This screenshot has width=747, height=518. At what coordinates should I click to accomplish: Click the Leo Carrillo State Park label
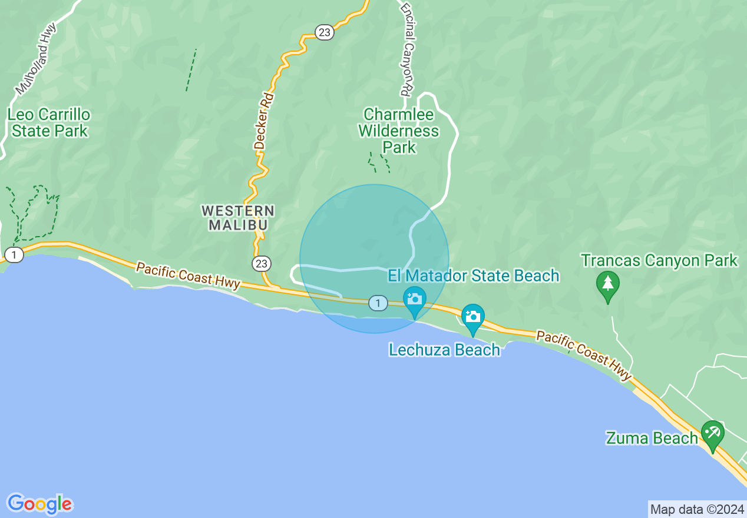click(x=49, y=122)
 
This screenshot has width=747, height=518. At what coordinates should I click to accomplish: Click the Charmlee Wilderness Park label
click(x=399, y=131)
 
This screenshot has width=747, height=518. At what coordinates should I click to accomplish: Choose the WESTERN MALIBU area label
click(x=238, y=217)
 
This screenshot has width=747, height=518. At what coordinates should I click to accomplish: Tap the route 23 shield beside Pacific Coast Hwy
click(x=262, y=264)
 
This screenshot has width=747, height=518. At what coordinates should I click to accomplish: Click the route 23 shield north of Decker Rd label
click(x=324, y=32)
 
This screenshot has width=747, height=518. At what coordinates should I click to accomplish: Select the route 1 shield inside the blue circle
click(x=378, y=303)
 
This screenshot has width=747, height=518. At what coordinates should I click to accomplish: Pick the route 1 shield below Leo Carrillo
click(x=14, y=255)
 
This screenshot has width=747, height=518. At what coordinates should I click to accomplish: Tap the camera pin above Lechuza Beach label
click(x=472, y=317)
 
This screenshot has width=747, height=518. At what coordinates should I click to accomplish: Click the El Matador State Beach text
click(x=474, y=275)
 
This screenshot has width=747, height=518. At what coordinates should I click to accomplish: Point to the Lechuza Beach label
click(x=444, y=350)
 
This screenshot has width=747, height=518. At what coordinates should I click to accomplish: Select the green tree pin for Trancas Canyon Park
click(x=607, y=284)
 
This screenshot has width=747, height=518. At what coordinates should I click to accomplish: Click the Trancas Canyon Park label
click(x=659, y=260)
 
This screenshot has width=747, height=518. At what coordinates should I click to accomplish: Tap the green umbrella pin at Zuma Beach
click(x=712, y=434)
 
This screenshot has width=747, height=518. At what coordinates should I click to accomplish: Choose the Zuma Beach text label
click(x=652, y=438)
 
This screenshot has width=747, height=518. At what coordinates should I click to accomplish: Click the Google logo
click(x=39, y=504)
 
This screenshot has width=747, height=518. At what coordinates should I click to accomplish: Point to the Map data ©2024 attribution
click(x=697, y=509)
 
